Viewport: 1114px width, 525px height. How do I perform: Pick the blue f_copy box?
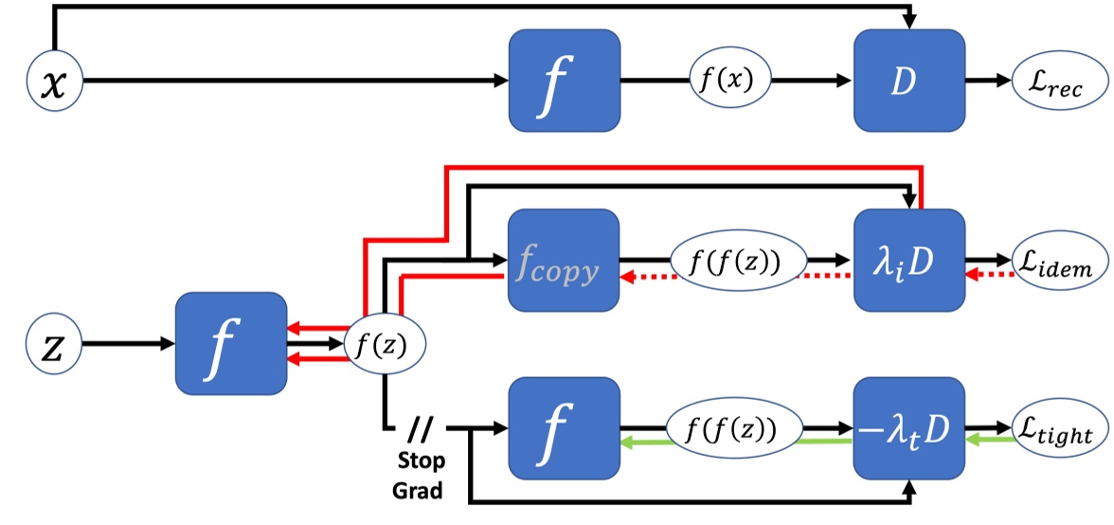coord(564,261)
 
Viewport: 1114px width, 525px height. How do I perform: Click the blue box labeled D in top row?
coord(909,81)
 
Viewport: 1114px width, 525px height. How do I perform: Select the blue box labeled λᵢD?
coord(909,261)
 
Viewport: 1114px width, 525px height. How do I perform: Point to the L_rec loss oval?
coord(1060,82)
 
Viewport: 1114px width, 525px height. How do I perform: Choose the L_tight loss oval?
coord(1060,431)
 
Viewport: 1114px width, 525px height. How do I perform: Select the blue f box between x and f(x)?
coord(564,81)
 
